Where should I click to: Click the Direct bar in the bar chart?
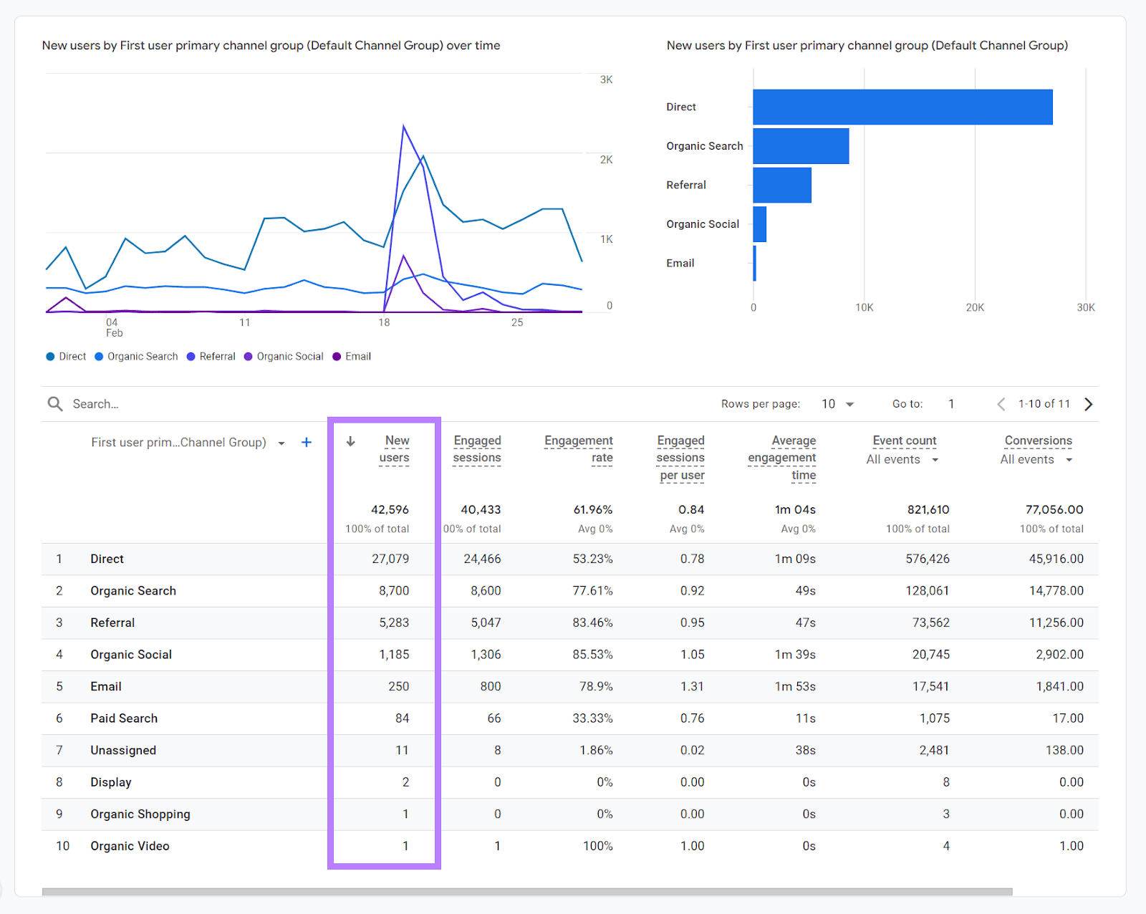click(x=902, y=107)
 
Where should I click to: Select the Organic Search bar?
click(x=801, y=146)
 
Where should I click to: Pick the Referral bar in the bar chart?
click(x=781, y=185)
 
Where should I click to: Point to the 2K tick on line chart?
click(x=606, y=160)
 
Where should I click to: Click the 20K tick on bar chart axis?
click(x=974, y=307)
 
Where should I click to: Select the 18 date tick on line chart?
click(x=384, y=322)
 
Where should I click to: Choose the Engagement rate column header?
click(x=579, y=449)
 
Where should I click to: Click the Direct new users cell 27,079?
click(x=390, y=559)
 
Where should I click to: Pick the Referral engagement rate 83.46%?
click(x=592, y=622)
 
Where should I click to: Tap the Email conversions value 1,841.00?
click(x=1059, y=686)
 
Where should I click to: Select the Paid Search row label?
click(x=124, y=718)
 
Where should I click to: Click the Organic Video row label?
click(x=130, y=846)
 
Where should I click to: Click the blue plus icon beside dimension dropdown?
click(x=307, y=443)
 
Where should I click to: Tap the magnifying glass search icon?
click(x=55, y=404)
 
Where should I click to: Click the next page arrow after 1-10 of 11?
click(x=1089, y=404)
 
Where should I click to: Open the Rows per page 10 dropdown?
click(x=837, y=404)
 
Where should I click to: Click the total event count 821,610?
click(x=928, y=509)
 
